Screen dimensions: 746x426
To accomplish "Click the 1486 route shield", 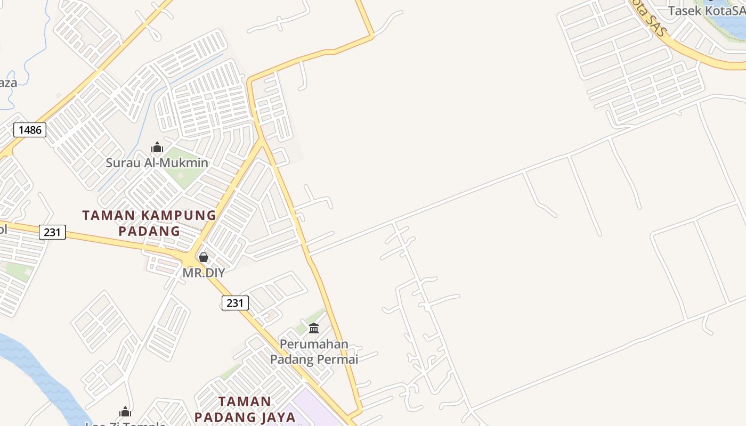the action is pyautogui.click(x=30, y=130).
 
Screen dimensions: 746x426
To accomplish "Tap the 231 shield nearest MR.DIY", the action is pyautogui.click(x=234, y=303).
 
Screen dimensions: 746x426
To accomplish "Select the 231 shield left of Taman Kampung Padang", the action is pyautogui.click(x=52, y=232).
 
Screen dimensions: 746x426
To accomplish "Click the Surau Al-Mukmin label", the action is pyautogui.click(x=157, y=163).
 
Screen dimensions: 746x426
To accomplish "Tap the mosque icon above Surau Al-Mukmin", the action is pyautogui.click(x=157, y=148).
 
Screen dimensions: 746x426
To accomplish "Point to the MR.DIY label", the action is pyautogui.click(x=204, y=273).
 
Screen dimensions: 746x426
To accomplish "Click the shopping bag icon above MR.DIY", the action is pyautogui.click(x=203, y=258).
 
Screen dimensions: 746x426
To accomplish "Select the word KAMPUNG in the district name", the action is pyautogui.click(x=177, y=216).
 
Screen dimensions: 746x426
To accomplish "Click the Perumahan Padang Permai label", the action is pyautogui.click(x=314, y=351).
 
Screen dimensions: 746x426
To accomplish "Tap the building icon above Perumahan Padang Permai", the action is pyautogui.click(x=314, y=328).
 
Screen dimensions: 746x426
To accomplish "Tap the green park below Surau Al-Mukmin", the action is pyautogui.click(x=184, y=173).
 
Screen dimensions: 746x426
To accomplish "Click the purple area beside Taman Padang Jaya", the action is pyautogui.click(x=306, y=410).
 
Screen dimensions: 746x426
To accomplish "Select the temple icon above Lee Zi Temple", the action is pyautogui.click(x=125, y=412).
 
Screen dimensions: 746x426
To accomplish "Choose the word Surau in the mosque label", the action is pyautogui.click(x=121, y=163).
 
